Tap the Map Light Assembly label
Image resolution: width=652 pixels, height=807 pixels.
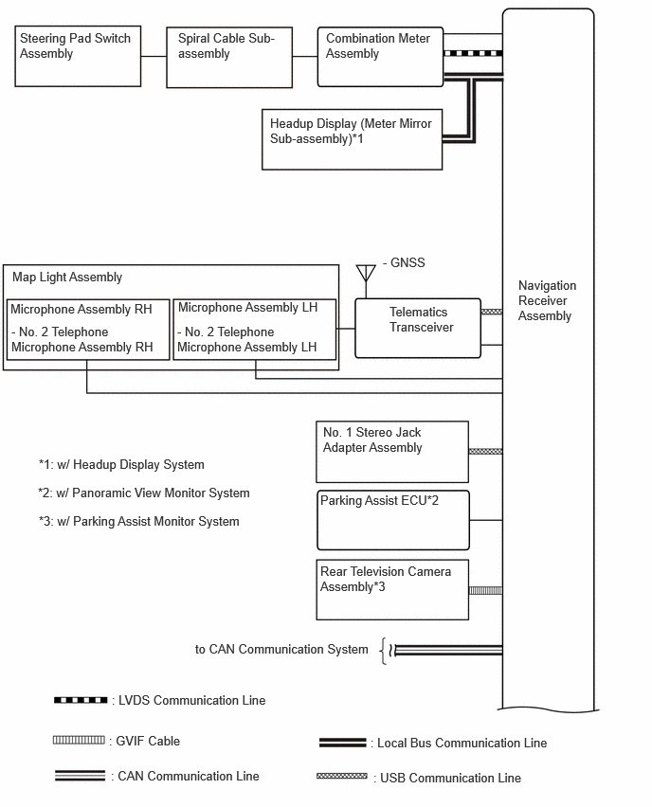pyautogui.click(x=67, y=277)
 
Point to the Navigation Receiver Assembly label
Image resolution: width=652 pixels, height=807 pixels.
pyautogui.click(x=547, y=300)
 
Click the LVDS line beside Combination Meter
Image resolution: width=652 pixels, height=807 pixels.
pyautogui.click(x=473, y=53)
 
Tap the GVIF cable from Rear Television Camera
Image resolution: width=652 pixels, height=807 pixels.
pyautogui.click(x=485, y=590)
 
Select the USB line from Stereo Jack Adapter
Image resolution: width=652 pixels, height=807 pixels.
pyautogui.click(x=485, y=452)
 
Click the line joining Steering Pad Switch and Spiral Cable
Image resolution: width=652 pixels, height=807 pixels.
pyautogui.click(x=154, y=56)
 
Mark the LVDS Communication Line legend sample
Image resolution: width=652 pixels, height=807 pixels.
pyautogui.click(x=81, y=700)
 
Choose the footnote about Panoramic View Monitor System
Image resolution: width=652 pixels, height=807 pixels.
pyautogui.click(x=144, y=493)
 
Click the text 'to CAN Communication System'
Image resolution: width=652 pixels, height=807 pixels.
pyautogui.click(x=281, y=650)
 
